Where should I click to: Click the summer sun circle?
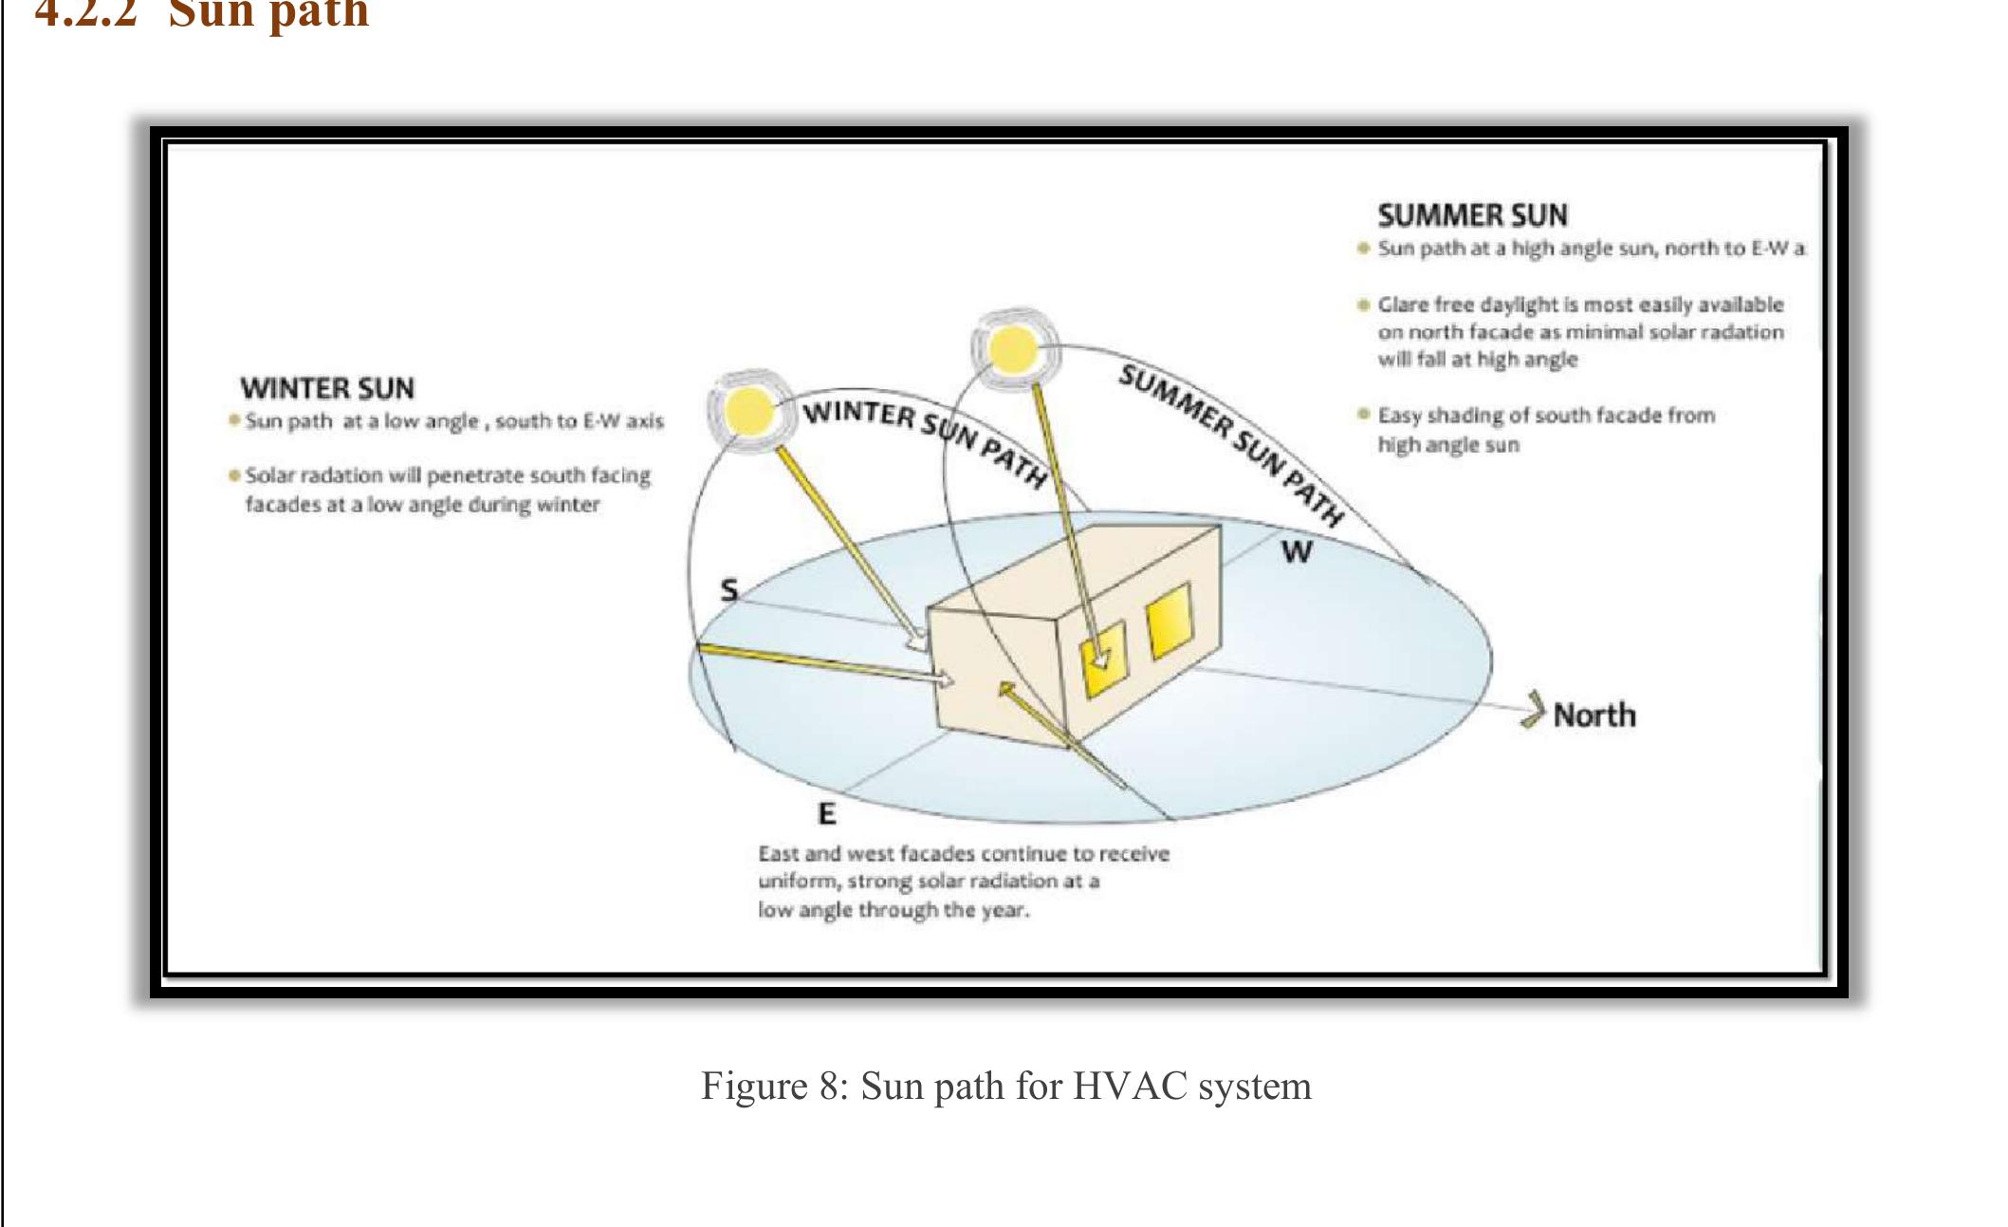point(1008,349)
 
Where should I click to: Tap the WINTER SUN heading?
point(326,388)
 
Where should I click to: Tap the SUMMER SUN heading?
point(1472,215)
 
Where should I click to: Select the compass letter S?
point(728,590)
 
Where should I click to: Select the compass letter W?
point(1297,550)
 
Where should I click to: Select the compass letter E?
point(827,813)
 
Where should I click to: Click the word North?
point(1594,715)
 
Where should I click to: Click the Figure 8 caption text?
point(1005,1086)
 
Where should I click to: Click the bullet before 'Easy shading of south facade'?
point(1363,415)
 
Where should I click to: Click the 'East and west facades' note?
point(963,882)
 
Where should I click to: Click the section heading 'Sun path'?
point(268,13)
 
